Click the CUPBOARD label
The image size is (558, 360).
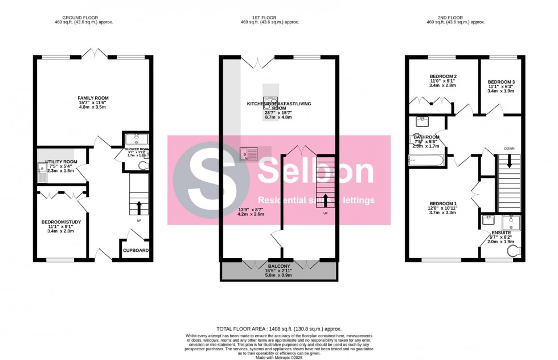[x=136, y=251]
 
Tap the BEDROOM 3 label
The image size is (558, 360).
[x=500, y=81]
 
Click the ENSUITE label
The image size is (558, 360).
[x=501, y=233]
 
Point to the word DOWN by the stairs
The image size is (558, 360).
[x=510, y=149]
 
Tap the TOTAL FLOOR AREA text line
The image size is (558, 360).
[x=278, y=329]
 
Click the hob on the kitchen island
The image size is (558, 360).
[x=270, y=104]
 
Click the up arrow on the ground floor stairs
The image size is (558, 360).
[x=139, y=206]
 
